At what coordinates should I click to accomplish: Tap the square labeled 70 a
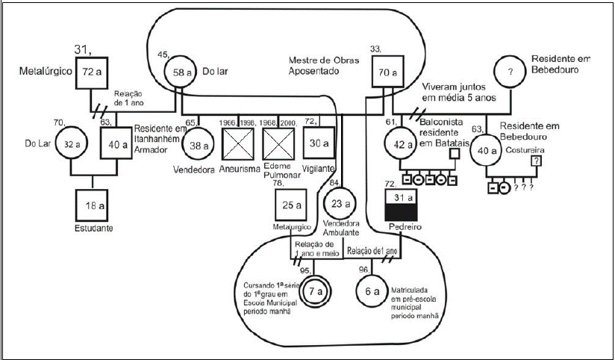tap(388, 73)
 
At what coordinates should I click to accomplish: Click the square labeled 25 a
tap(290, 205)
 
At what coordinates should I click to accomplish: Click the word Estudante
tap(93, 228)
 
